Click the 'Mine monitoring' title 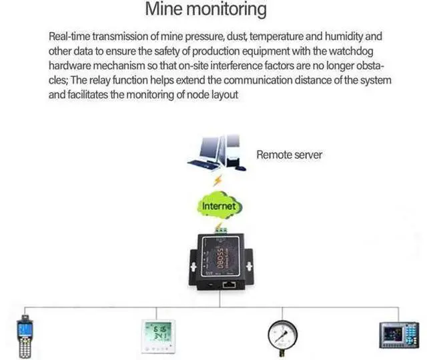tap(206, 9)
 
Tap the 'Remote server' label tap(289, 155)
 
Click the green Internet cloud tap(220, 206)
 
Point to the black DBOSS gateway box tap(221, 261)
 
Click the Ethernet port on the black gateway tap(230, 285)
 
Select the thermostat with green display tap(158, 336)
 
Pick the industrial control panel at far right tap(399, 335)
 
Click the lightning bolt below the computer tap(218, 181)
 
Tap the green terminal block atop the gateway tap(222, 230)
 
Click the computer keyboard tap(201, 164)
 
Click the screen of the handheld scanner tap(24, 329)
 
